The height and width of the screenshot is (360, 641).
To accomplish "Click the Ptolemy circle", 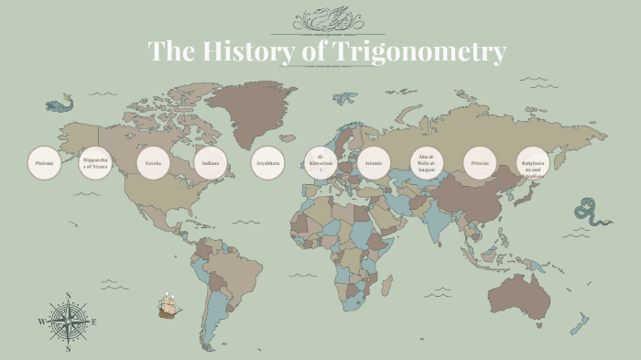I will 44,163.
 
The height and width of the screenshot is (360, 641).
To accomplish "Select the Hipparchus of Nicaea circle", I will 96,163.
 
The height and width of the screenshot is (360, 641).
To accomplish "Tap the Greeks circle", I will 153,163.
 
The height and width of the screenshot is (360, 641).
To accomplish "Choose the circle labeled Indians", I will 210,163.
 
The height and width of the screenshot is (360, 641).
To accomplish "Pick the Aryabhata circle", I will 267,163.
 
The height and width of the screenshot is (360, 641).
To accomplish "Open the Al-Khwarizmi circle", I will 320,163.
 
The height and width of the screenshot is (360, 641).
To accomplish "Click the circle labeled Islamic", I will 374,163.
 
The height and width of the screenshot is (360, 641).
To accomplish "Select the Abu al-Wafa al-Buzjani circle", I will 426,163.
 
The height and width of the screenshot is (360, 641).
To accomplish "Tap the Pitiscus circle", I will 480,163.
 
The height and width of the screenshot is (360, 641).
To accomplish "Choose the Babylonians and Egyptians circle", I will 533,163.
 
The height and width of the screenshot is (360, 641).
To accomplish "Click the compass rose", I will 68,322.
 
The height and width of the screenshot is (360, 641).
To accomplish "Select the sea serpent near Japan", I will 587,213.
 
